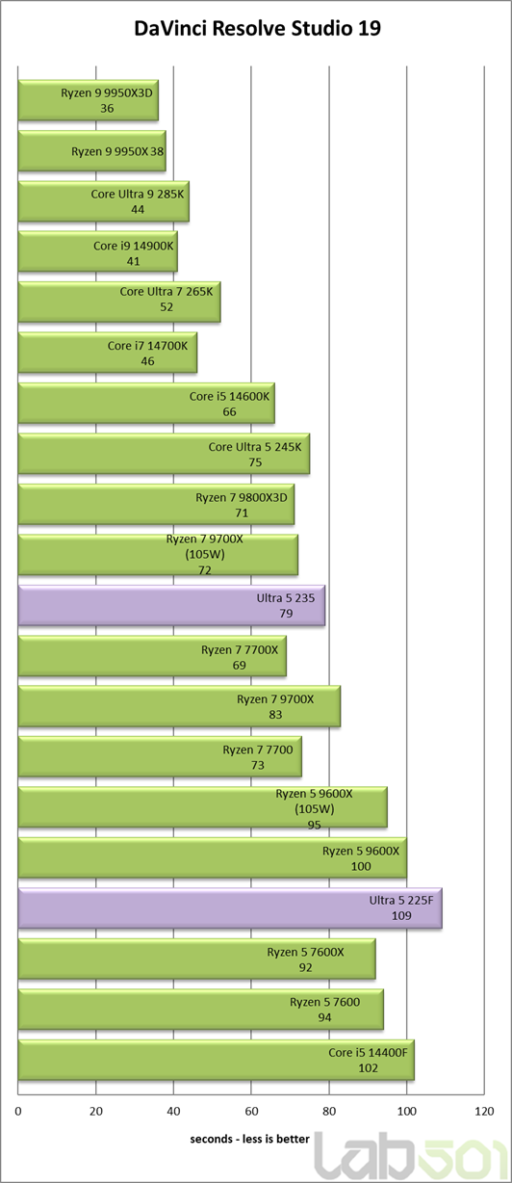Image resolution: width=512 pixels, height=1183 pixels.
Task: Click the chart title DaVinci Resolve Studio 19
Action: [x=257, y=28]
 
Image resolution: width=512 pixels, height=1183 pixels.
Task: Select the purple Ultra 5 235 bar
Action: [x=171, y=605]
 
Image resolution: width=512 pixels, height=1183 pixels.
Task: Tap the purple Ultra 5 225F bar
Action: [x=230, y=907]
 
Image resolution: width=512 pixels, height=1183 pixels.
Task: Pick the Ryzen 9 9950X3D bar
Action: [x=89, y=100]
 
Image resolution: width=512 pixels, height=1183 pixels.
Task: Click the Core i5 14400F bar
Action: [x=217, y=1060]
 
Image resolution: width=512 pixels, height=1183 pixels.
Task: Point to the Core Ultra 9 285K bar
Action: [x=103, y=201]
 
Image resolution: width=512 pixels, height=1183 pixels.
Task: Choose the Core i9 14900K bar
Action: [x=97, y=251]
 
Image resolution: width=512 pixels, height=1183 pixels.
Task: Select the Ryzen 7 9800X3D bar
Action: [x=156, y=505]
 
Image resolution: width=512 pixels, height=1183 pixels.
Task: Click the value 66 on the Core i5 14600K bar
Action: [x=229, y=412]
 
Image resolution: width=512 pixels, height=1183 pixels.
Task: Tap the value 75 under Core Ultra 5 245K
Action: [x=255, y=462]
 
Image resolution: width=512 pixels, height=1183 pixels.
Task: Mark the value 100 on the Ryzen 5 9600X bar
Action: [x=361, y=866]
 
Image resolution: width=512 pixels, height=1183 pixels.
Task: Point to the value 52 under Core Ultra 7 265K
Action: [x=166, y=307]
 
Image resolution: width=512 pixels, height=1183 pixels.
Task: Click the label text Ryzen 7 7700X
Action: [x=240, y=649]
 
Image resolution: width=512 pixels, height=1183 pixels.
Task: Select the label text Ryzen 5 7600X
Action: [x=305, y=952]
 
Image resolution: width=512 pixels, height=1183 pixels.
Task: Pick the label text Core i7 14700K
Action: [x=147, y=346]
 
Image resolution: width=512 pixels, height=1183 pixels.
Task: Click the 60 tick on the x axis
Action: [x=251, y=1111]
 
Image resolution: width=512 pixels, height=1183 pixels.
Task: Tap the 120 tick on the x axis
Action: [x=484, y=1111]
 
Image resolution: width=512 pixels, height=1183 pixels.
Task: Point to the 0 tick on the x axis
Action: [x=18, y=1111]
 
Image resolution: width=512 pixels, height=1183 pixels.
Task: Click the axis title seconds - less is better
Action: [x=249, y=1139]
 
